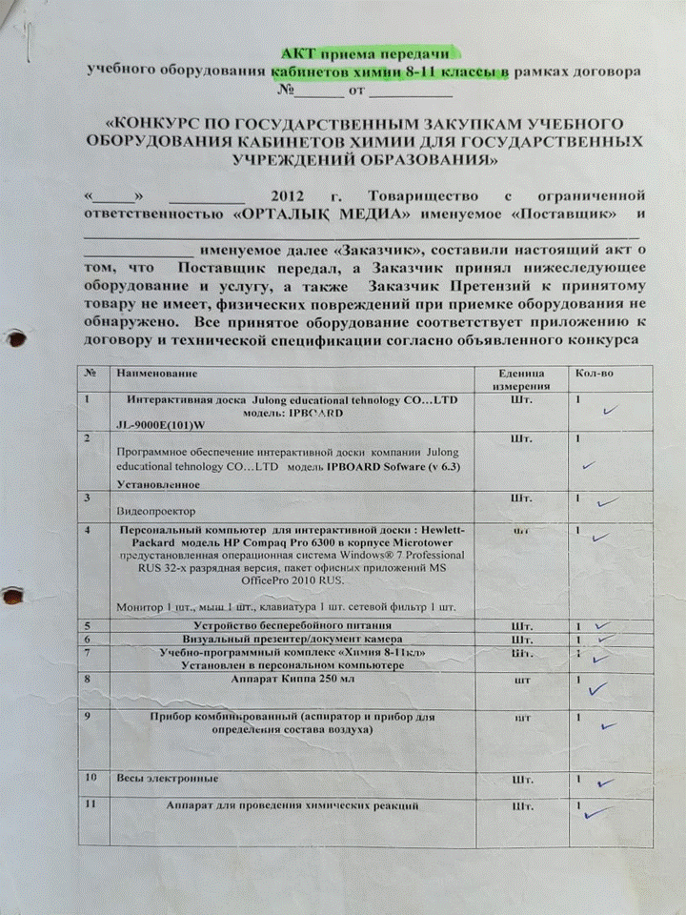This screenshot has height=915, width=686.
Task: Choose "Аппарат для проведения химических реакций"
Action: pos(293,807)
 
